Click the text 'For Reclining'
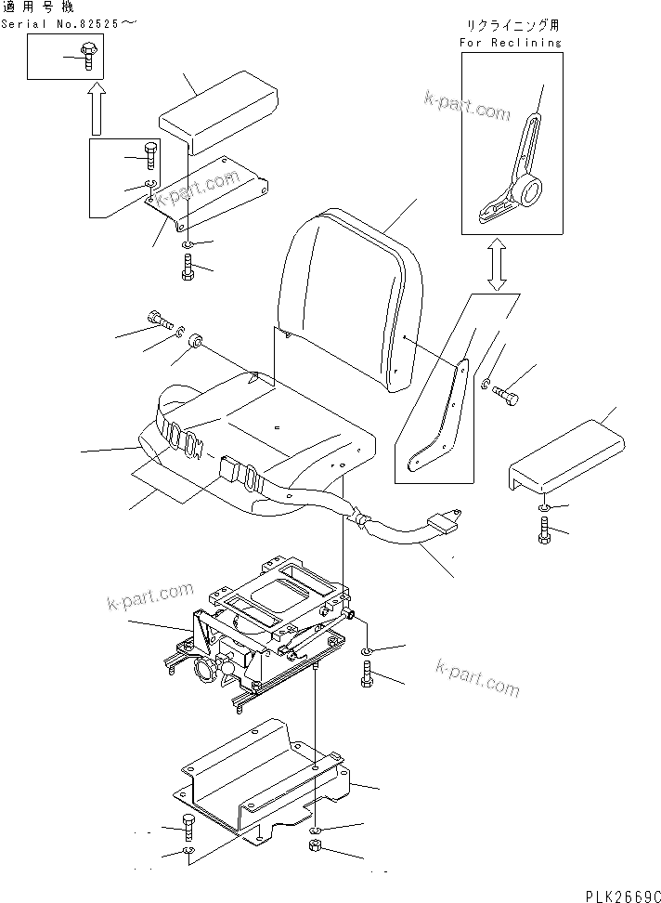coord(511,42)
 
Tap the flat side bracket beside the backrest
coord(436,418)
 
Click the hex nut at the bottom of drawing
coord(315,847)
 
